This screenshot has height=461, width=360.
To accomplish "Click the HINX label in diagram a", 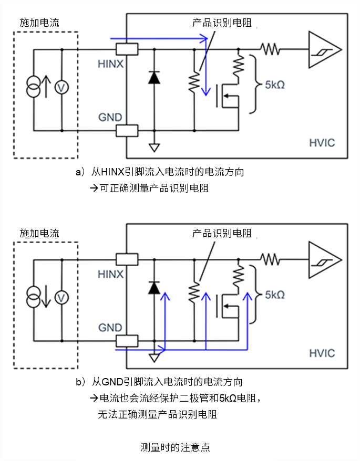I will pyautogui.click(x=110, y=64).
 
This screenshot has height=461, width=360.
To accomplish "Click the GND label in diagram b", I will pyautogui.click(x=110, y=328).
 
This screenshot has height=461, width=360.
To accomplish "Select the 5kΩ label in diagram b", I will pyautogui.click(x=274, y=295).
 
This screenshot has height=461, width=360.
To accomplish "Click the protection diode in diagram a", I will pyautogui.click(x=154, y=78).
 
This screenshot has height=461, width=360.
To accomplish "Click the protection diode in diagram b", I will pyautogui.click(x=154, y=288).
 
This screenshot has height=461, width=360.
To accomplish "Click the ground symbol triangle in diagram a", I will pyautogui.click(x=154, y=148).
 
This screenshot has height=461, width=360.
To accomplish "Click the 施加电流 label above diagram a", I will pyautogui.click(x=39, y=23).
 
